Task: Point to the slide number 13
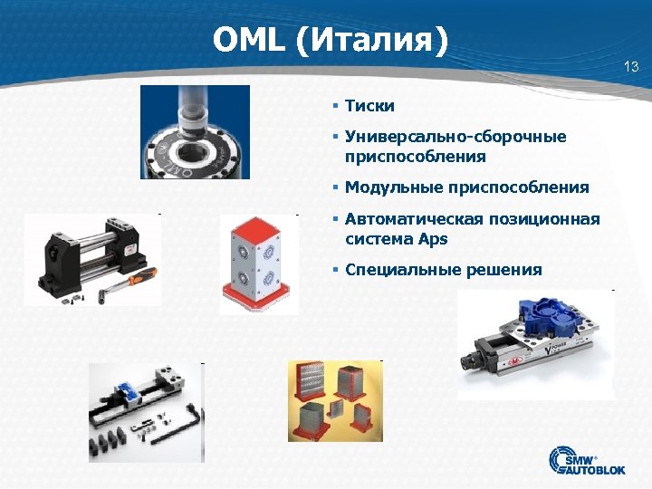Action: tap(631, 66)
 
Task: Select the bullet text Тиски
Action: tap(369, 106)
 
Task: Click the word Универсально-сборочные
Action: tap(455, 137)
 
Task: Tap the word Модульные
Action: tap(393, 187)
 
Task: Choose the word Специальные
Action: tap(403, 269)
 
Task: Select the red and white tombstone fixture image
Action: tap(259, 263)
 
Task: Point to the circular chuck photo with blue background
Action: tap(195, 131)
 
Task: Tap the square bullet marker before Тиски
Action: tap(335, 106)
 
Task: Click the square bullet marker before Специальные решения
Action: tap(335, 269)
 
